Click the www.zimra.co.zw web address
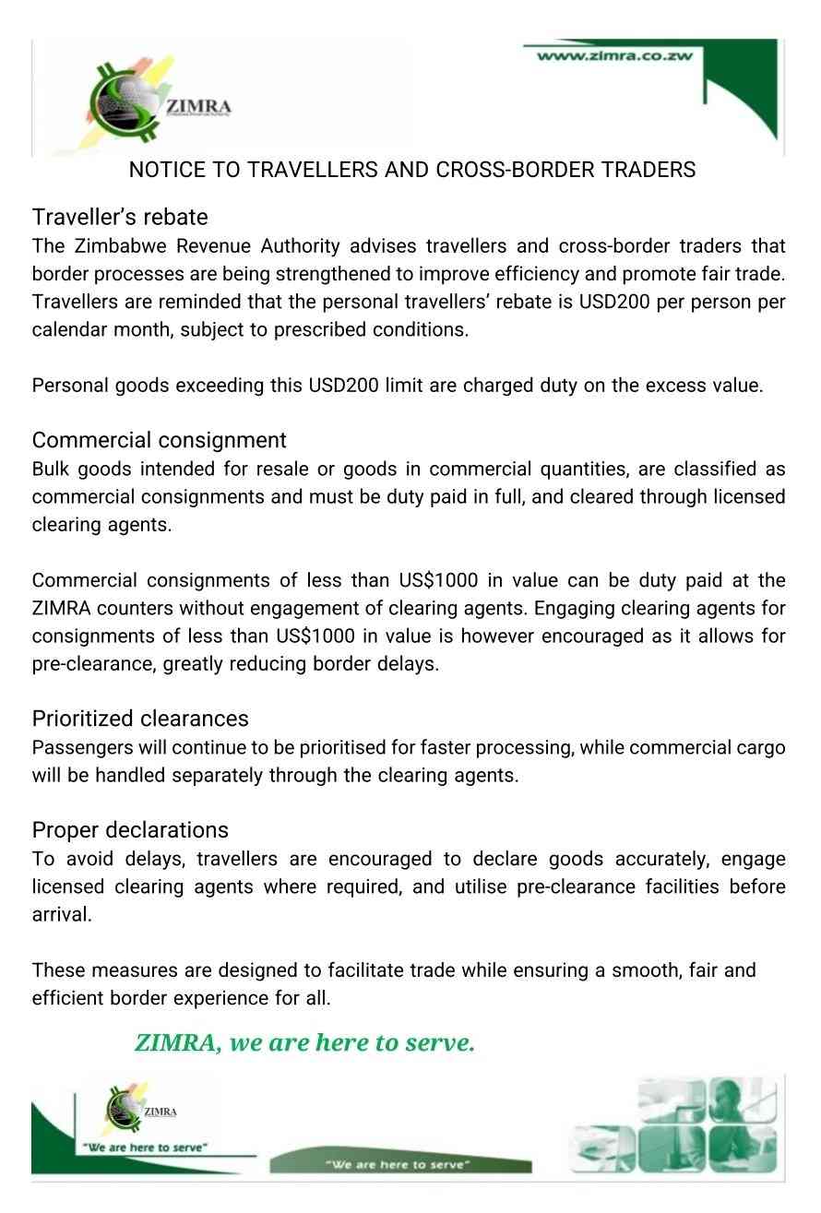click(x=614, y=55)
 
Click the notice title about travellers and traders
click(x=411, y=170)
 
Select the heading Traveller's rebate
click(x=120, y=217)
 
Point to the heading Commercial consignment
click(x=159, y=440)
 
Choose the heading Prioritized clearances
click(x=140, y=718)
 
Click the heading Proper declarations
click(x=130, y=829)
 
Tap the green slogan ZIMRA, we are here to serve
click(x=304, y=1043)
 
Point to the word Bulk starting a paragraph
click(x=50, y=469)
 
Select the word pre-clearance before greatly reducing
click(x=93, y=664)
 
